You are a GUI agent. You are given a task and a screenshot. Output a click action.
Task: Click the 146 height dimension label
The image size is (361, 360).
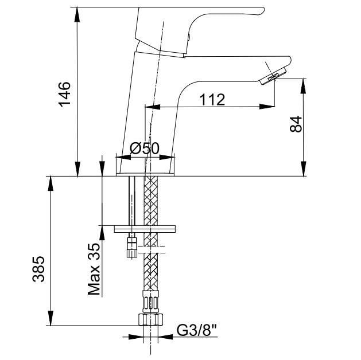[x=65, y=93]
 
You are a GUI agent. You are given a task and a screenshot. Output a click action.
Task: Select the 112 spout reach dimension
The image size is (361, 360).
[x=212, y=99]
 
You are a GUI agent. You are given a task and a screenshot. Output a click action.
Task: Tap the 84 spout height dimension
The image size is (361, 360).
[x=295, y=124]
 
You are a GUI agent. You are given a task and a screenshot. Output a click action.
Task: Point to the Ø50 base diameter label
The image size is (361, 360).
[x=144, y=148]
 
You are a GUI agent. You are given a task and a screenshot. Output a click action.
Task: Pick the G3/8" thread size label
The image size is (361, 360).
[x=196, y=331]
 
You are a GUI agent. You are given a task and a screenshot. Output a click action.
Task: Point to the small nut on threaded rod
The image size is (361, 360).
[x=132, y=248]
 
